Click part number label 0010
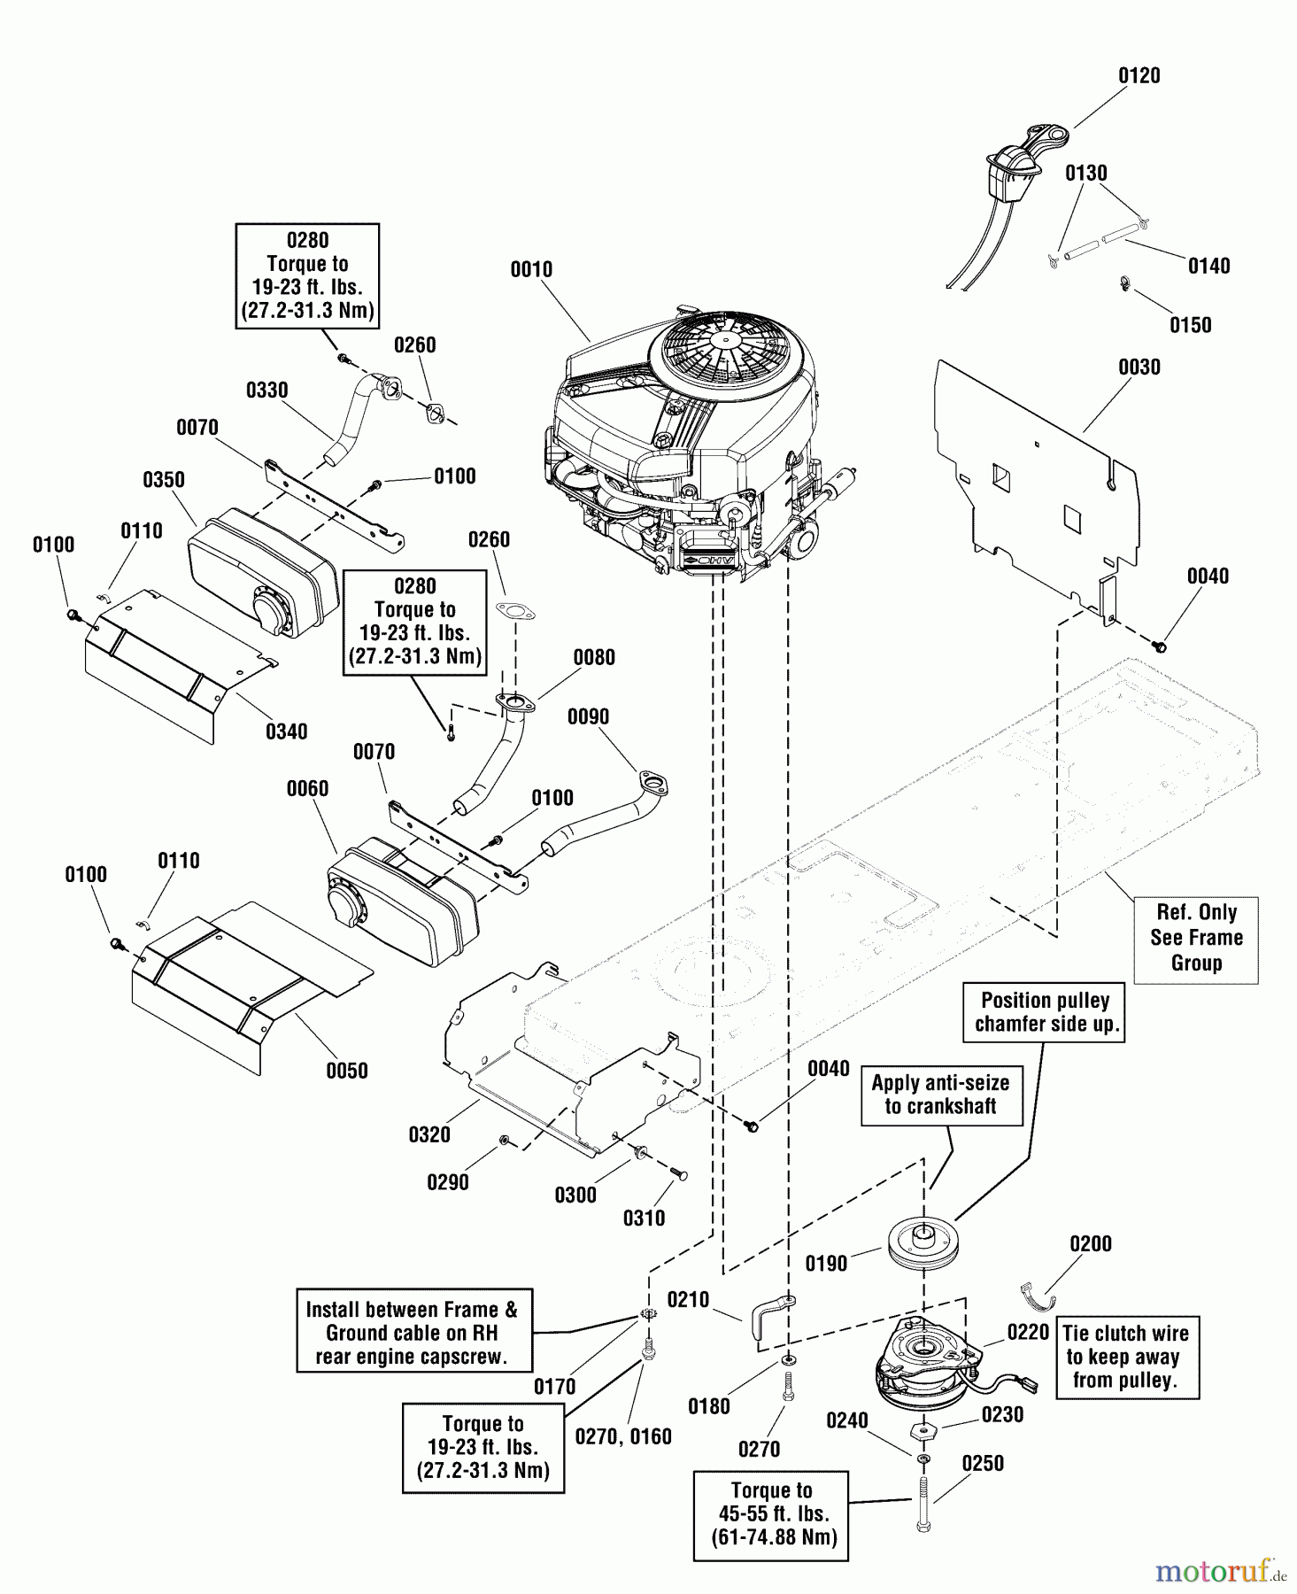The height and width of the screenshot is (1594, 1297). [531, 269]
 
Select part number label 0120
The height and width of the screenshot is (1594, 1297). [1139, 75]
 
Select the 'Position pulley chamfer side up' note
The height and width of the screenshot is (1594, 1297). [1046, 1012]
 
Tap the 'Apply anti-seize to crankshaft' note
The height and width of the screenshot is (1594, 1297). [940, 1095]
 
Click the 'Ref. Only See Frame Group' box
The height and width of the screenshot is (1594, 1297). [1196, 938]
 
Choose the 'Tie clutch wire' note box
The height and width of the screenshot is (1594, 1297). [1124, 1357]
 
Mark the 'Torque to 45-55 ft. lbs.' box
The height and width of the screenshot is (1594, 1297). [771, 1514]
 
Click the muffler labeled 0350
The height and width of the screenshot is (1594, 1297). [264, 571]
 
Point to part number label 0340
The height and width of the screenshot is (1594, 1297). [286, 731]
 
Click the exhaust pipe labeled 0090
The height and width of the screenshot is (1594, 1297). [611, 810]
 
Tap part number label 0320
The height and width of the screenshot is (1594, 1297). [429, 1134]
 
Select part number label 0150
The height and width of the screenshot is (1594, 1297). [1190, 325]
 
